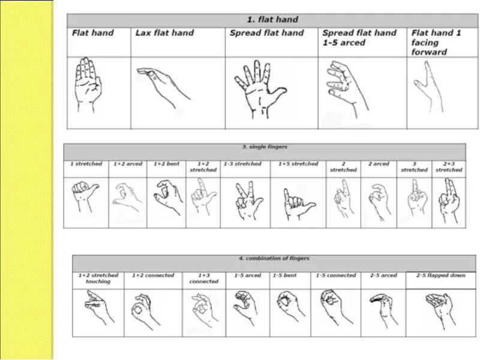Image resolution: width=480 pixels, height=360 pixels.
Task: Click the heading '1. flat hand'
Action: (272, 20)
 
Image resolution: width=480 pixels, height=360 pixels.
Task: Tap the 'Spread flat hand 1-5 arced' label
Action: (359, 38)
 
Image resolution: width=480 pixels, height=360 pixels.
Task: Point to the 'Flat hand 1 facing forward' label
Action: (436, 42)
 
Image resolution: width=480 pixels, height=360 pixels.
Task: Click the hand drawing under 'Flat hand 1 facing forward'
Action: (430, 89)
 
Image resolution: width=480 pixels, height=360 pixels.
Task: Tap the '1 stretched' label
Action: (86, 164)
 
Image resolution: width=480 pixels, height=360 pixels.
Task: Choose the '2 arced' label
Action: (378, 164)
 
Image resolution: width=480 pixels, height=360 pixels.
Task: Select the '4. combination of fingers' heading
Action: (274, 259)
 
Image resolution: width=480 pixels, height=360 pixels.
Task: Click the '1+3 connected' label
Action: (204, 278)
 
